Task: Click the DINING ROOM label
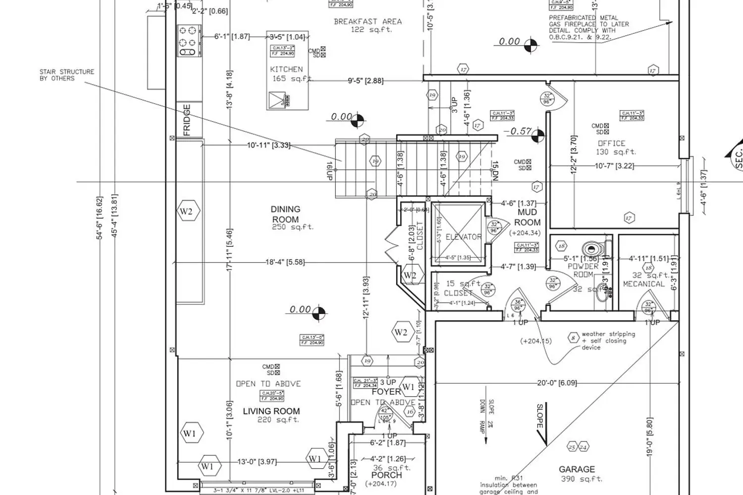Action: coord(285,214)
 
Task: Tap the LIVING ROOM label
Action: coord(271,411)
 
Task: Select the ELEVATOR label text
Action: coord(463,237)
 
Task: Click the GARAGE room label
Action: coord(577,469)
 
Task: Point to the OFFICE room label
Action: coord(611,143)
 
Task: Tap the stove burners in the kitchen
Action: coord(189,42)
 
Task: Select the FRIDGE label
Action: coord(187,120)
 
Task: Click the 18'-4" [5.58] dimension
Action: coord(285,262)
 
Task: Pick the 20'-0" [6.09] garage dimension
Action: coord(557,383)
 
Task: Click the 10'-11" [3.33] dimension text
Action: coord(268,146)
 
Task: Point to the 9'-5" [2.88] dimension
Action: coord(366,81)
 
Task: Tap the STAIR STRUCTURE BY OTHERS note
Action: coord(67,75)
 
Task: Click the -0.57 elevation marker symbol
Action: coord(538,135)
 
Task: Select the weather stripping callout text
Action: coord(608,341)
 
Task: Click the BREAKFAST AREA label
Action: coord(368,22)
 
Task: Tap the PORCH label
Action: coord(386,475)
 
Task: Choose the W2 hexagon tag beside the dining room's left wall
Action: coord(187,212)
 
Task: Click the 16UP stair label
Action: coord(329,171)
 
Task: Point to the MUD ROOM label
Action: coord(527,217)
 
